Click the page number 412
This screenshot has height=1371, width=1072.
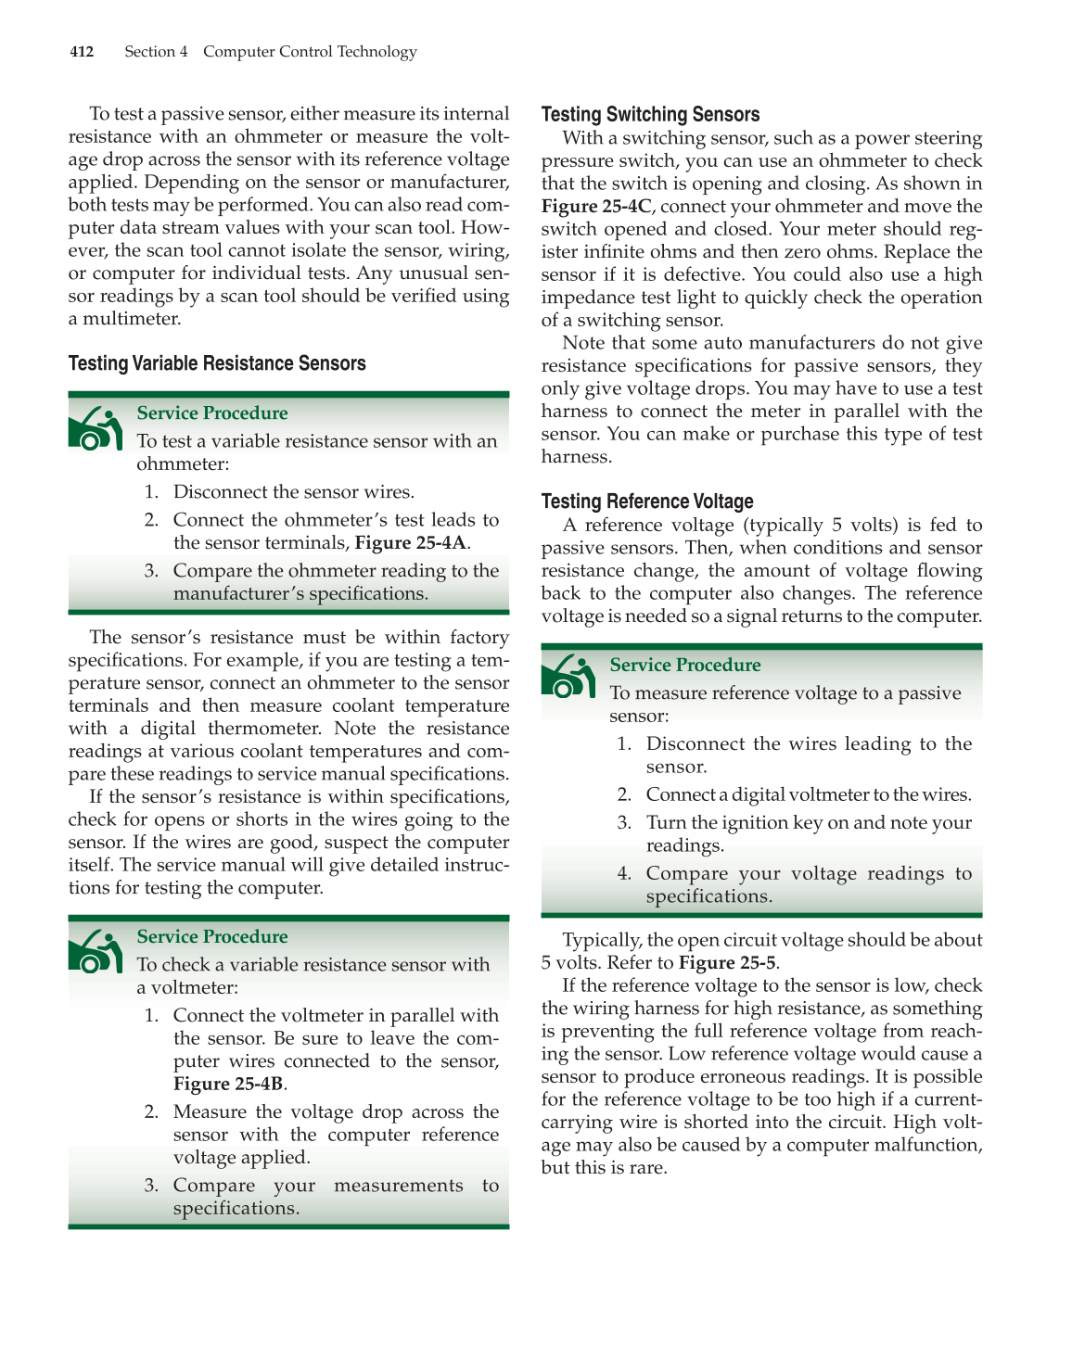click(x=82, y=52)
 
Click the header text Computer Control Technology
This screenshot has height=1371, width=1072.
click(x=310, y=52)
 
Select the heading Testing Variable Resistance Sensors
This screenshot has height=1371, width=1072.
click(x=217, y=363)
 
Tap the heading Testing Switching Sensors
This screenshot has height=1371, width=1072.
click(x=650, y=115)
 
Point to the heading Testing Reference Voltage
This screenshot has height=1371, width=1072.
click(x=647, y=501)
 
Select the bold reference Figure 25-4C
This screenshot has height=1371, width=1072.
click(x=596, y=207)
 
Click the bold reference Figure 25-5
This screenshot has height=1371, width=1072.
click(x=728, y=963)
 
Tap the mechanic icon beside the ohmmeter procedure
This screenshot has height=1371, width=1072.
click(x=96, y=428)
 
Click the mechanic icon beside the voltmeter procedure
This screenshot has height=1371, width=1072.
click(x=96, y=952)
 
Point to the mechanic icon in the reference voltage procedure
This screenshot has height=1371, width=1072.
click(x=568, y=677)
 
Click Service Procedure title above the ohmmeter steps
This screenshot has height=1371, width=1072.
click(x=212, y=413)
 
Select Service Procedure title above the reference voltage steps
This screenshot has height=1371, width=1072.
click(x=685, y=666)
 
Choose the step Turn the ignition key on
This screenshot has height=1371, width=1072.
click(x=809, y=823)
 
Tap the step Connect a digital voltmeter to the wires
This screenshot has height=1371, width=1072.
click(x=809, y=795)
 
